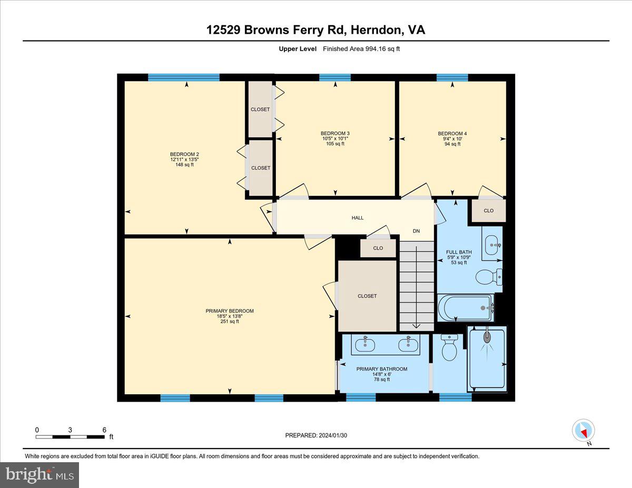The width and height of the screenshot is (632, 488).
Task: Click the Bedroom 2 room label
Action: [x=184, y=154]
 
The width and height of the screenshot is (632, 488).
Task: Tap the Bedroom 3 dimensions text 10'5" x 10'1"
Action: [x=335, y=138]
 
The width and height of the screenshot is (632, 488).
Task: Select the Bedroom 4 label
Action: [x=452, y=133]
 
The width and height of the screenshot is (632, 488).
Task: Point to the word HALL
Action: [x=358, y=218]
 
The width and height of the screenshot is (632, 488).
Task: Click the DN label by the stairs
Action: [x=416, y=231]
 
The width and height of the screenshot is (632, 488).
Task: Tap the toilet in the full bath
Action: [x=489, y=277]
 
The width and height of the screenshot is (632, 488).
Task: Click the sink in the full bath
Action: [x=492, y=245]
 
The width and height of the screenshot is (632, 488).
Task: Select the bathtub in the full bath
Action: [x=466, y=308]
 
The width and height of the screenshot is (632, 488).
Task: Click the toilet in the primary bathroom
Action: [x=449, y=347]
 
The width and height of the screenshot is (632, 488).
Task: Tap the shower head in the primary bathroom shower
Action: [x=487, y=336]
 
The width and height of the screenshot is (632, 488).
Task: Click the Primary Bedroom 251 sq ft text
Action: [x=230, y=322]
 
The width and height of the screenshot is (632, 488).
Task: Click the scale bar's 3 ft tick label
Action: [x=70, y=430]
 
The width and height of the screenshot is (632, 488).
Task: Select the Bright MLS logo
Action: [x=39, y=475]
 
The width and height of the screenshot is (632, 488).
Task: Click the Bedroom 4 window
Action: [x=452, y=77]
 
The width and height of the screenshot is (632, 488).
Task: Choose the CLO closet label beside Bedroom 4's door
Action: [x=489, y=211]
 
